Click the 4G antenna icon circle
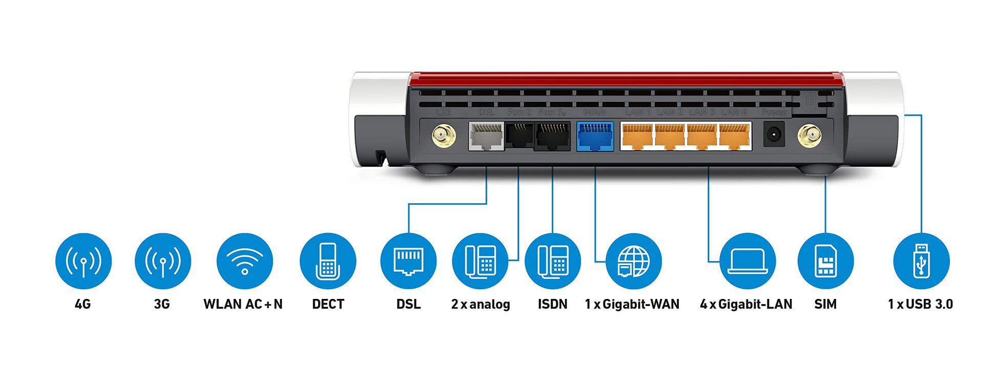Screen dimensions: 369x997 (x=83, y=261)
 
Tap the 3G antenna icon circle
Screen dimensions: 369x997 (x=162, y=261)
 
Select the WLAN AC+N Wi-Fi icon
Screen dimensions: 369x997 (x=244, y=261)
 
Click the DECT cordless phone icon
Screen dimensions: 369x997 (x=327, y=261)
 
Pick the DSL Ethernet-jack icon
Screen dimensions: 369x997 (x=408, y=261)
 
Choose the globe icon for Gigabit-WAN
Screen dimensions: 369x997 (x=633, y=261)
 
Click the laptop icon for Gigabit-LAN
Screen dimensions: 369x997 (x=747, y=261)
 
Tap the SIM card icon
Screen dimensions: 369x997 (x=825, y=261)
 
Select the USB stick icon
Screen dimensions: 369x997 (x=921, y=261)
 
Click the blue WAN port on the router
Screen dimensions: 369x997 (x=595, y=136)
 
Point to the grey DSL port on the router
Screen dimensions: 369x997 (x=486, y=136)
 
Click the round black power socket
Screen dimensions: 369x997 (x=774, y=135)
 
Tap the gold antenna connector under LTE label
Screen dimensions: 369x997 (x=444, y=136)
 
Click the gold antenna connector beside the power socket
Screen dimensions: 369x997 (x=809, y=136)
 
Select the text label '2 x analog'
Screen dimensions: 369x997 (x=481, y=304)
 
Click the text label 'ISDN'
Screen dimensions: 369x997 (x=552, y=304)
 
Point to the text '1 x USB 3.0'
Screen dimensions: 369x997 (x=920, y=304)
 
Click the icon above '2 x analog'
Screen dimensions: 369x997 (x=480, y=261)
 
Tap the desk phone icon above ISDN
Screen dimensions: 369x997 (x=552, y=261)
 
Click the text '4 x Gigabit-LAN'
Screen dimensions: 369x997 (x=746, y=304)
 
